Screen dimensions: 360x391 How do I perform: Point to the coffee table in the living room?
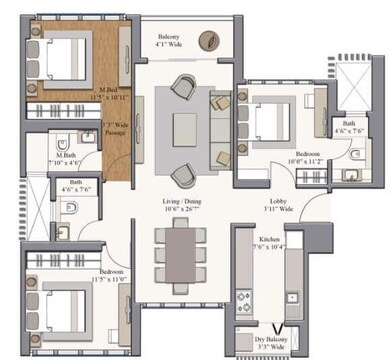[186, 128]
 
